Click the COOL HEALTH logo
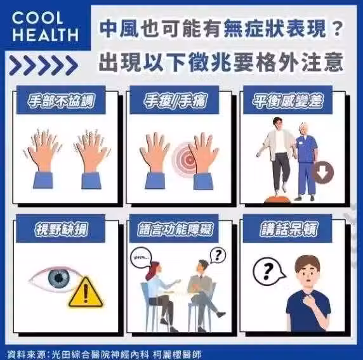(45, 27)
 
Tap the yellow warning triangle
(86, 293)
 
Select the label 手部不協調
(61, 101)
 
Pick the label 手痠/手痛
(175, 101)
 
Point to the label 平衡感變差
(287, 101)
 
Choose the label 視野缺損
(61, 229)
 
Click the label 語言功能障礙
(175, 229)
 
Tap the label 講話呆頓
(287, 229)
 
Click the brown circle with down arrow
(324, 172)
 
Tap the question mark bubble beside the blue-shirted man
(268, 271)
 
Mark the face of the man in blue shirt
(307, 276)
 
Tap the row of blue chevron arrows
(43, 65)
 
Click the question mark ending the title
(337, 29)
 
